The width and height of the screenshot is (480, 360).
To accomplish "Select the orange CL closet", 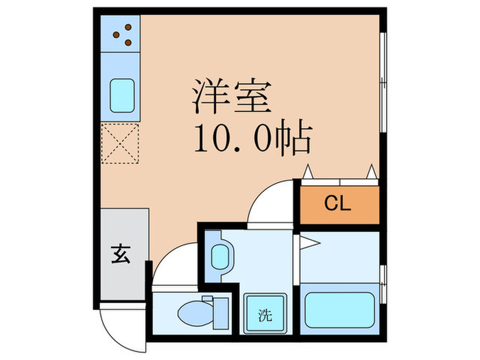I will (338, 203).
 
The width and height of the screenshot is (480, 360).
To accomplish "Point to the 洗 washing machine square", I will (265, 315).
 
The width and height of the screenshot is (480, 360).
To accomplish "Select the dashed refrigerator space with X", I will (121, 144).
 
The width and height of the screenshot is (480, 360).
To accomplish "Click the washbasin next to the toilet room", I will (219, 257).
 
